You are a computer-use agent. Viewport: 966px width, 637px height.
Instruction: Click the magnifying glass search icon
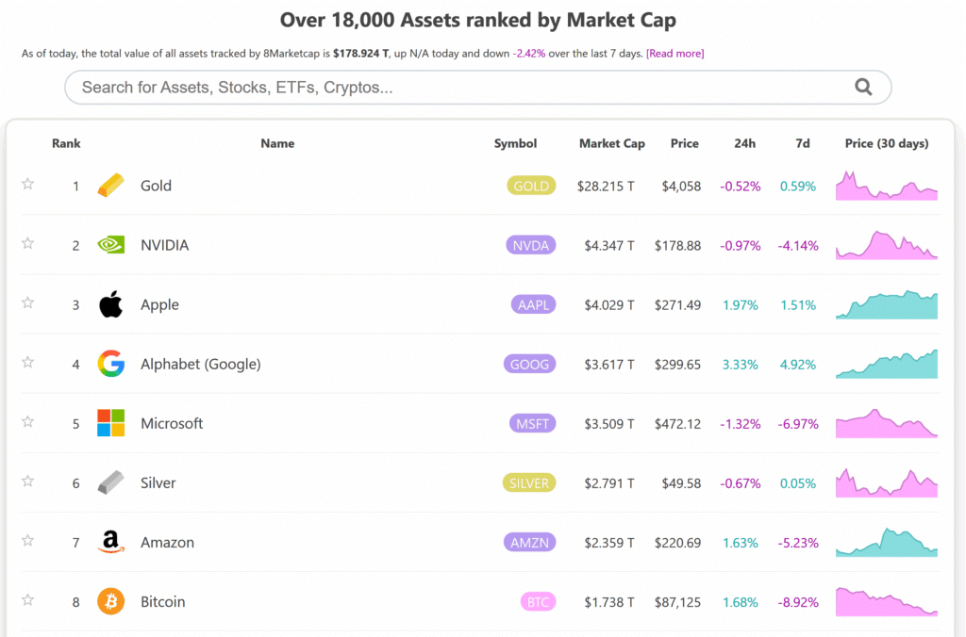[862, 88]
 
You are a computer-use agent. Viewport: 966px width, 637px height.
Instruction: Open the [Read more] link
[675, 54]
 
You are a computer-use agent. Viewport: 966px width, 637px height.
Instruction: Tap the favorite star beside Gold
[28, 185]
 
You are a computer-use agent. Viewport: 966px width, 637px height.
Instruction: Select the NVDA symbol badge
[530, 245]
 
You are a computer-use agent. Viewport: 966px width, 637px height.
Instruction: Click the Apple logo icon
[110, 304]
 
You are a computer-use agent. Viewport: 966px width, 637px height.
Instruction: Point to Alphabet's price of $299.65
[677, 365]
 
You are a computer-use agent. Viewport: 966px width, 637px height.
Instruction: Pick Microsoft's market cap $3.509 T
[606, 424]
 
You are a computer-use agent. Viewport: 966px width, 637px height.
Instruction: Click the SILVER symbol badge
[528, 483]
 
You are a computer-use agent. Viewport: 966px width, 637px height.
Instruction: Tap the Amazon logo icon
[110, 542]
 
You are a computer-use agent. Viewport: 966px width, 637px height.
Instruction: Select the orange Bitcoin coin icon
[110, 601]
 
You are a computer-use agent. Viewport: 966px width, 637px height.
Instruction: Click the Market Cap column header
[611, 143]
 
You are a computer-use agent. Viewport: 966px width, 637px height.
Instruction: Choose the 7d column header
[802, 143]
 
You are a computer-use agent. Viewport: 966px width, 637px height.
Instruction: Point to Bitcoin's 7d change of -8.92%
[797, 602]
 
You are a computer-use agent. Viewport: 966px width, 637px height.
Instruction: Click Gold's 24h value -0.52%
[740, 187]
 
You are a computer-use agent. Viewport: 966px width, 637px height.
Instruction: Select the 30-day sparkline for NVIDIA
[886, 245]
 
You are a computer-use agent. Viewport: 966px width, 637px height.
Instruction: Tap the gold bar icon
[110, 186]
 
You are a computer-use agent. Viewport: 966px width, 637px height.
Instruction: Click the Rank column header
[66, 143]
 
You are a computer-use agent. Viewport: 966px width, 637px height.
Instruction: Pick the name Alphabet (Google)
[200, 365]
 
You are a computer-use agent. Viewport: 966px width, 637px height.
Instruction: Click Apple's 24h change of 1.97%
[741, 305]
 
